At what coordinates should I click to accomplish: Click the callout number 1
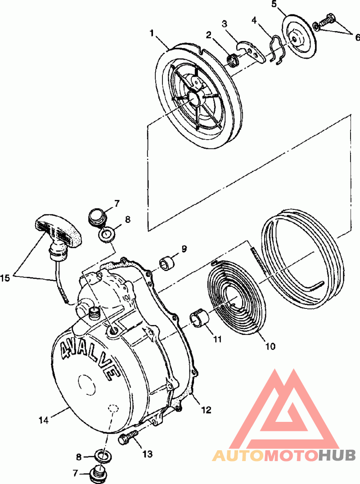pyautogui.click(x=152, y=33)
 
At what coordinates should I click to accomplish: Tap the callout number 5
pyautogui.click(x=274, y=5)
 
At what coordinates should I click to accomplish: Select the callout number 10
pyautogui.click(x=270, y=346)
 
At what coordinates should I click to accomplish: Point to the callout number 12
pyautogui.click(x=207, y=410)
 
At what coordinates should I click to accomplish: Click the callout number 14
pyautogui.click(x=44, y=420)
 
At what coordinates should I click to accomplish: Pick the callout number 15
pyautogui.click(x=5, y=278)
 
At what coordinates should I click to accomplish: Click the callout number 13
pyautogui.click(x=148, y=454)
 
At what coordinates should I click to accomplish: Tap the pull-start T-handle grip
pyautogui.click(x=59, y=231)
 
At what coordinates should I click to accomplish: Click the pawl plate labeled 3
pyautogui.click(x=251, y=50)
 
